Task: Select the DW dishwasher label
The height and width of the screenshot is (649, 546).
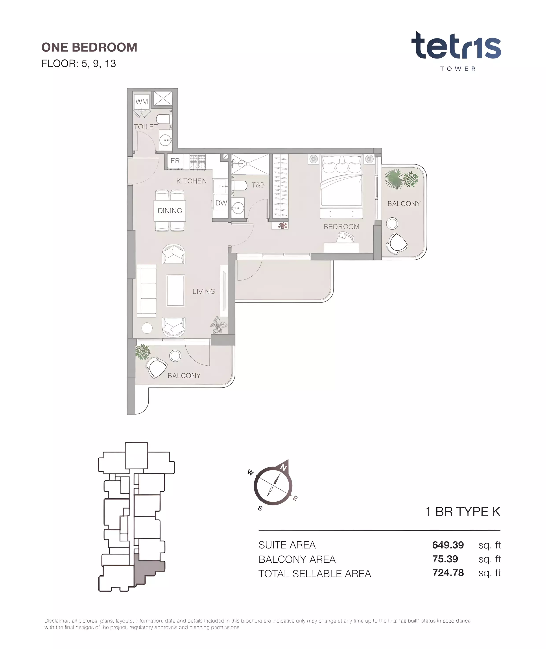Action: [x=221, y=203]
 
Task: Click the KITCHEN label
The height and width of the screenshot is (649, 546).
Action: [x=192, y=181]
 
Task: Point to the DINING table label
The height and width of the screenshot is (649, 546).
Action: [x=170, y=211]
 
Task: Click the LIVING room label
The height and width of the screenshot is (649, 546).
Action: [x=204, y=292]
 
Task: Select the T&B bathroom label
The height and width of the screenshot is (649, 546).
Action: [x=258, y=185]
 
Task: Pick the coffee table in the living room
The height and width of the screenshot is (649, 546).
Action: [x=175, y=290]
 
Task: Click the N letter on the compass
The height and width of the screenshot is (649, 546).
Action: [x=284, y=468]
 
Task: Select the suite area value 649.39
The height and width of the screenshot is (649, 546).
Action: [x=448, y=545]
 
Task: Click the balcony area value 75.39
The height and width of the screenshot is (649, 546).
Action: [x=445, y=559]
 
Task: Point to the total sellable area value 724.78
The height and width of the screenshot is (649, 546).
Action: [x=448, y=573]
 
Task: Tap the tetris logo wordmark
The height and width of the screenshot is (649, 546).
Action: [x=456, y=46]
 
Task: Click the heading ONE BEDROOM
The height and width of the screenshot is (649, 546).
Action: [x=89, y=47]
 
